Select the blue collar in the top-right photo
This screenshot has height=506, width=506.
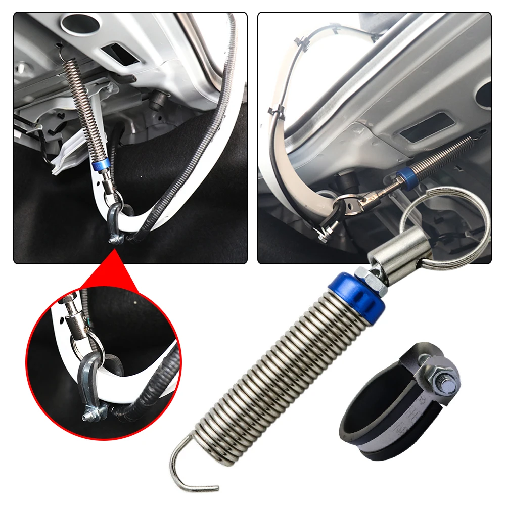click(404, 176)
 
